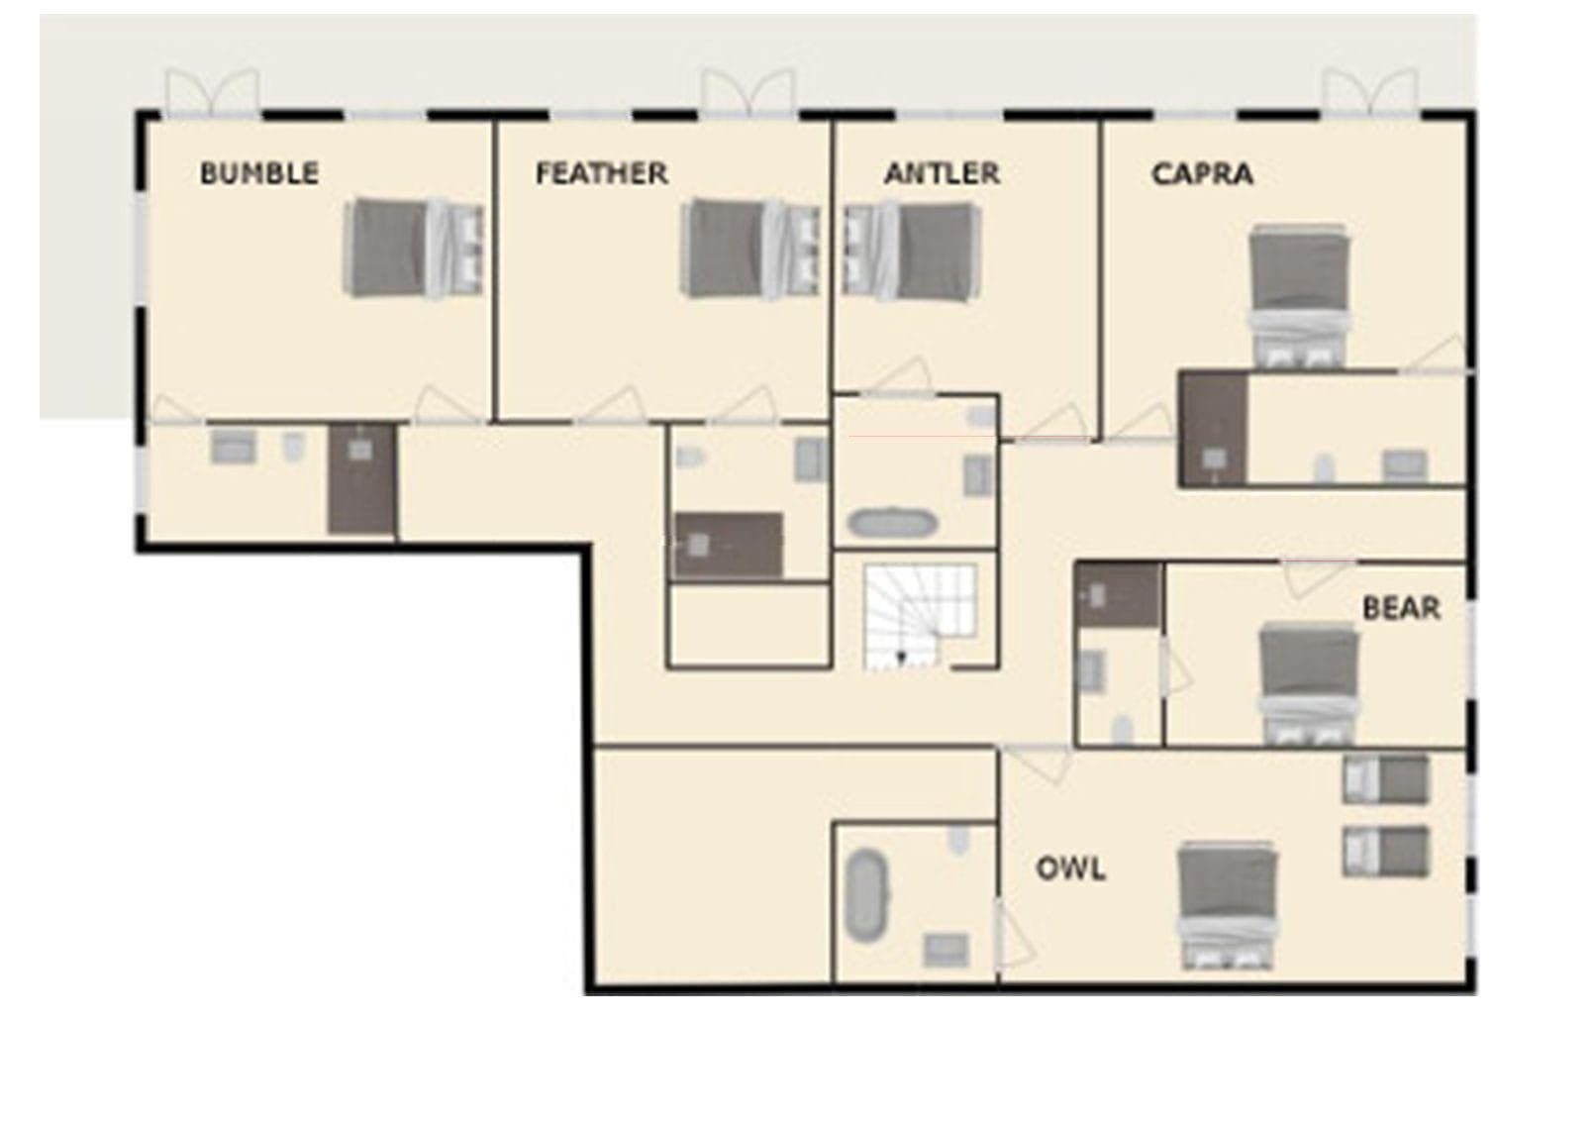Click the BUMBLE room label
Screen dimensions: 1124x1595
(259, 173)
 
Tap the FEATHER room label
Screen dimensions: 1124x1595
(601, 173)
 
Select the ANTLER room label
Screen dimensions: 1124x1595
(942, 173)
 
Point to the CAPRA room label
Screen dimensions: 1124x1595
(1202, 174)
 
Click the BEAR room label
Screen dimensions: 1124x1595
(1401, 607)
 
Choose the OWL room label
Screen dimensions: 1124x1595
(1070, 869)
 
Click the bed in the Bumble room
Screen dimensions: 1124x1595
(413, 249)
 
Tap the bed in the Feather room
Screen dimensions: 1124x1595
(750, 249)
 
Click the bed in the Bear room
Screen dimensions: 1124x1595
(1309, 683)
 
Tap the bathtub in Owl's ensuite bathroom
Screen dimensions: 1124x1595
(868, 894)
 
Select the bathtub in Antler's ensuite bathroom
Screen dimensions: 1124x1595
(892, 523)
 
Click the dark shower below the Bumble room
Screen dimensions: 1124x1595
(362, 478)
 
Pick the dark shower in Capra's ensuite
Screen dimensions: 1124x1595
(1213, 428)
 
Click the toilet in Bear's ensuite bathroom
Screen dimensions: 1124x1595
(1122, 730)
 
